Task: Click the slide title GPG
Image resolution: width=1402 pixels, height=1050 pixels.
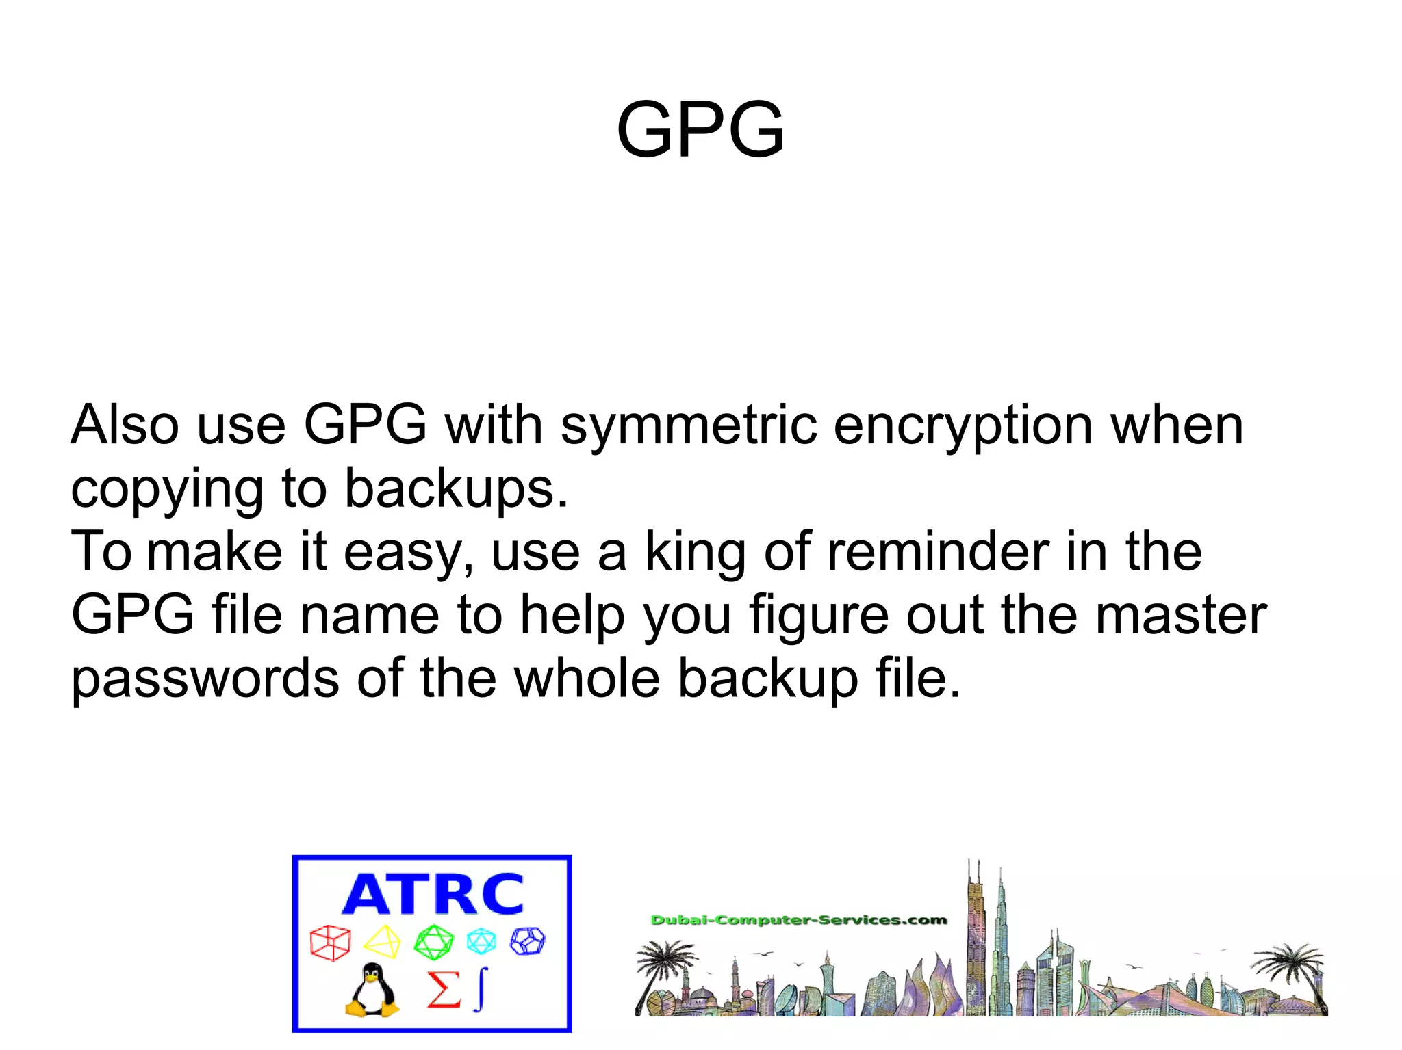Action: click(x=700, y=129)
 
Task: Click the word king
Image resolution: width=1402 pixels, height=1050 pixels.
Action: click(x=695, y=553)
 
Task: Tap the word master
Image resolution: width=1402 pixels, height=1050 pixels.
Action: click(x=1180, y=615)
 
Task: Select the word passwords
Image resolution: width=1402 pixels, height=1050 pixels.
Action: click(x=205, y=679)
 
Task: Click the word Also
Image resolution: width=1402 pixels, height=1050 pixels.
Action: click(x=125, y=425)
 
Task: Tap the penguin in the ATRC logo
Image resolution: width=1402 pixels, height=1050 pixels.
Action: click(x=372, y=990)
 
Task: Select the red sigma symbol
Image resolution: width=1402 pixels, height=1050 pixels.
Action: click(x=444, y=990)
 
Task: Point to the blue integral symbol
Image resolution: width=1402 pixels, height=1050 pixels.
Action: click(x=481, y=988)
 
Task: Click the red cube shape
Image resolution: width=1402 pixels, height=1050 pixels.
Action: click(x=330, y=943)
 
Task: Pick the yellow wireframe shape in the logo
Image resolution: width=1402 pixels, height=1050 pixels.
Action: click(x=382, y=942)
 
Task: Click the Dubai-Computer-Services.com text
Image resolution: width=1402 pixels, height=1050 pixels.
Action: click(x=798, y=920)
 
